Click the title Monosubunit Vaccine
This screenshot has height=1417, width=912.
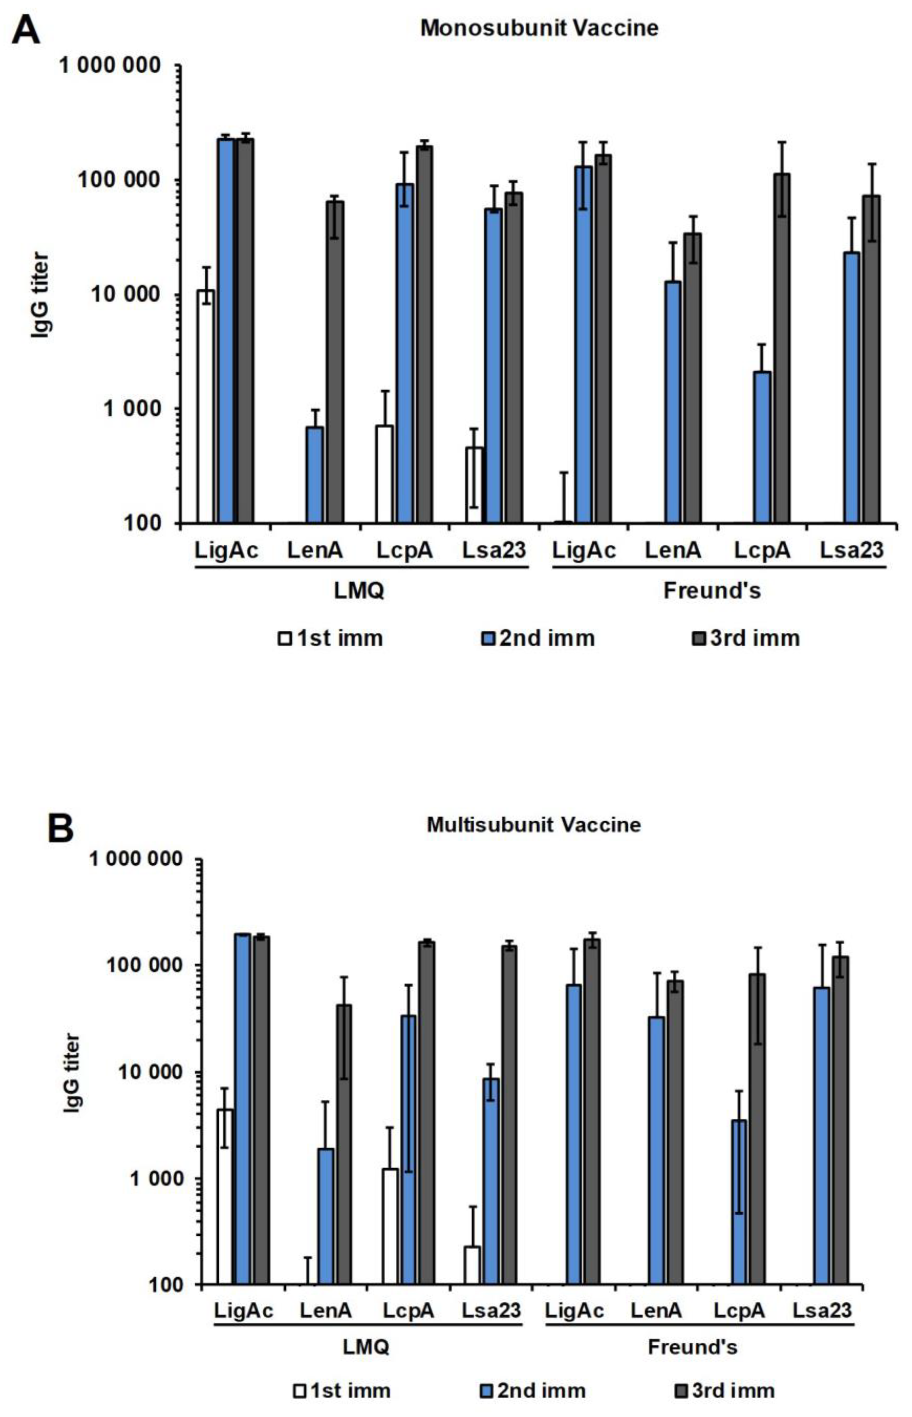click(x=539, y=28)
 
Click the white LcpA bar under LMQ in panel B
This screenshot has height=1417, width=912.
click(x=390, y=1226)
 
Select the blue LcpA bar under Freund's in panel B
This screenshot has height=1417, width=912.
click(x=738, y=1202)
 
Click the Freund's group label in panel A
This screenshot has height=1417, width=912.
click(x=712, y=590)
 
